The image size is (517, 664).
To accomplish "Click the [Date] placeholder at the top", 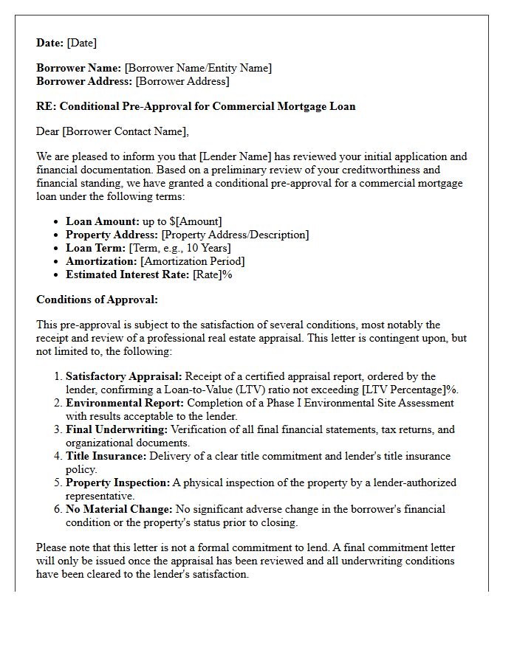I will click(x=81, y=43).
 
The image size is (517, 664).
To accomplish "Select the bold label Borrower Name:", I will click(x=79, y=68).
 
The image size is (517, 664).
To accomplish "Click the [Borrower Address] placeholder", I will click(x=182, y=81).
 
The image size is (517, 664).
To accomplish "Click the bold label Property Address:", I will click(x=112, y=235).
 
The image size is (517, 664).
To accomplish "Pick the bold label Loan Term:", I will click(x=96, y=248).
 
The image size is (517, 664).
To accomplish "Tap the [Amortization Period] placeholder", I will click(x=193, y=261).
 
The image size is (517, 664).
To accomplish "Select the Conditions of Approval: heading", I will click(x=97, y=300).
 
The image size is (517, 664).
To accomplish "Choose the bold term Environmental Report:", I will click(x=125, y=403).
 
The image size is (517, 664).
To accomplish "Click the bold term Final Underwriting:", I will click(x=117, y=429).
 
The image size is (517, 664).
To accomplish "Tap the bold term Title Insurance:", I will click(x=106, y=456).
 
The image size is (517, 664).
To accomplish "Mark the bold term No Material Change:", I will click(x=119, y=509).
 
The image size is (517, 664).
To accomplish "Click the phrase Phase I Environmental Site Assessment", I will click(x=379, y=403).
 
